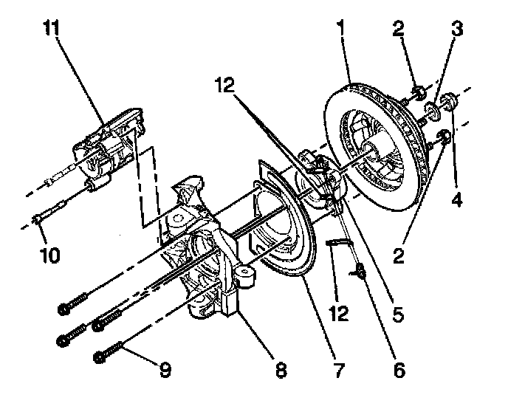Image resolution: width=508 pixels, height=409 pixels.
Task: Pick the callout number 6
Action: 399,369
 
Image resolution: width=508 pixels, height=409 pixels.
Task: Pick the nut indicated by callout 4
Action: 447,100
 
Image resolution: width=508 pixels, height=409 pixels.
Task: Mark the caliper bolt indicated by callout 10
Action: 44,219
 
